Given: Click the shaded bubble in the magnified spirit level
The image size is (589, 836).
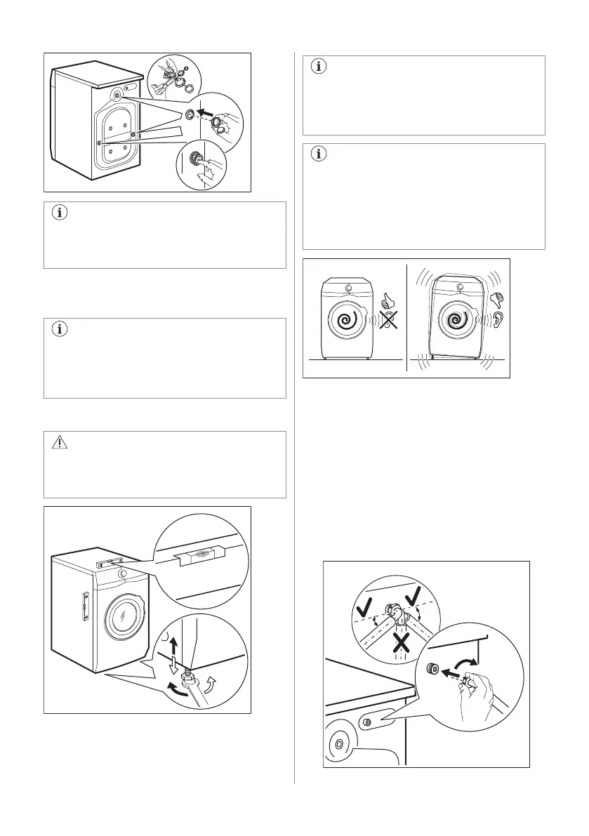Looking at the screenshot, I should point(201,554).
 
